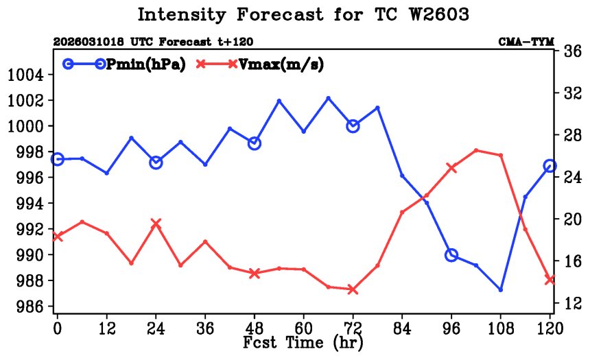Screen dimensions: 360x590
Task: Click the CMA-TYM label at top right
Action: pyautogui.click(x=526, y=42)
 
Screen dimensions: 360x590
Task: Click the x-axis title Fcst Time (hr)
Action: pyautogui.click(x=303, y=341)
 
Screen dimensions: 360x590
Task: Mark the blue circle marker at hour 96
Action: pyautogui.click(x=451, y=255)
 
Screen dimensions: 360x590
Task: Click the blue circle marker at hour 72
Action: pyautogui.click(x=353, y=125)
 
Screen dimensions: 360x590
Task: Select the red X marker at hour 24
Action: pyautogui.click(x=156, y=224)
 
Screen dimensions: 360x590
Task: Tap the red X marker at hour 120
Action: pyautogui.click(x=550, y=279)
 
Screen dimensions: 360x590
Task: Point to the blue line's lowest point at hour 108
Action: pyautogui.click(x=501, y=289)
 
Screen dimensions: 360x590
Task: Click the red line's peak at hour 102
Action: pyautogui.click(x=476, y=150)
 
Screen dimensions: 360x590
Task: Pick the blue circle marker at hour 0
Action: pyautogui.click(x=58, y=159)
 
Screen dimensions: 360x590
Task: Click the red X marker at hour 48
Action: pyautogui.click(x=255, y=273)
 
